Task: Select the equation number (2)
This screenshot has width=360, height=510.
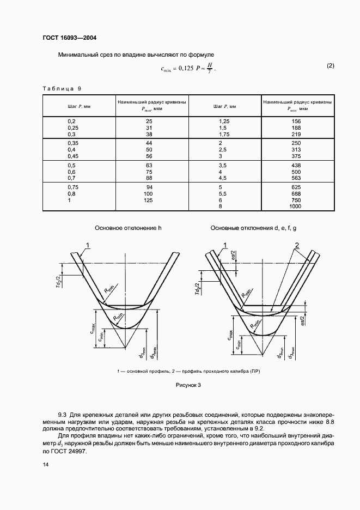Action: coord(331,66)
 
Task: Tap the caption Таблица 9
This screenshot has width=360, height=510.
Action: coord(62,89)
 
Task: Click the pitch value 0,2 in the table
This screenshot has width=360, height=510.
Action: coord(71,120)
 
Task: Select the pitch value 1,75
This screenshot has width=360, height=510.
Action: coord(224,133)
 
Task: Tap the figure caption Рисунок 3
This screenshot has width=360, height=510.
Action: coord(188,385)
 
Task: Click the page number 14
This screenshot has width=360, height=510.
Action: coord(46,464)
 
